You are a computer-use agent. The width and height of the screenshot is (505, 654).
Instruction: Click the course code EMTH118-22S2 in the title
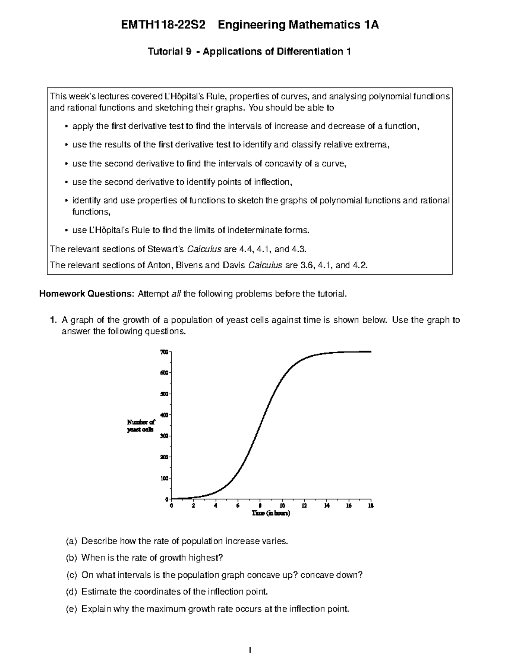163,25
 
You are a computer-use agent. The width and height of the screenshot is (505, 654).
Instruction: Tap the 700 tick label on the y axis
164,352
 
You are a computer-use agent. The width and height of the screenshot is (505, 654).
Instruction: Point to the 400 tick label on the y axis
164,415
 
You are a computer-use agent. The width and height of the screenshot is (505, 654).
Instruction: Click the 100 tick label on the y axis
164,478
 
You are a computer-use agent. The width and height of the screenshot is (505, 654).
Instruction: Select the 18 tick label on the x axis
371,506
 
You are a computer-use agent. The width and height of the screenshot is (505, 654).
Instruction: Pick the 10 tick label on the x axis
282,506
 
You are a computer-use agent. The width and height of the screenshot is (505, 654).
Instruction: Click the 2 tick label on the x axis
193,506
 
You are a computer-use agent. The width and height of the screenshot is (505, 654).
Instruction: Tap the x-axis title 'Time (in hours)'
271,513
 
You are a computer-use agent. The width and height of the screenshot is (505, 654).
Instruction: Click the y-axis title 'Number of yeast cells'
141,426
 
